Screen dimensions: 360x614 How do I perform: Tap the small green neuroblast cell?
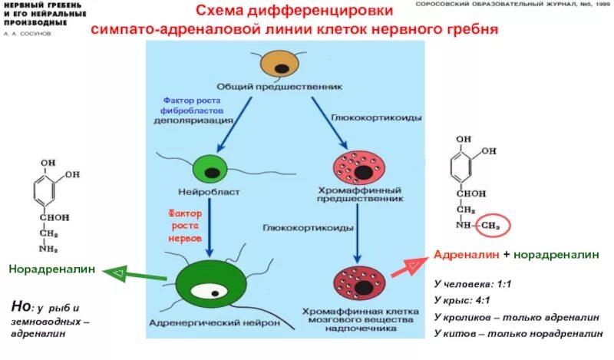pos(206,167)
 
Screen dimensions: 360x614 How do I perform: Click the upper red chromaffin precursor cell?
pos(355,167)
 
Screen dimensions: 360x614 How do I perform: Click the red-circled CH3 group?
pos(495,224)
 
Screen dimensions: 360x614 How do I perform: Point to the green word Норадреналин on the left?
pos(52,269)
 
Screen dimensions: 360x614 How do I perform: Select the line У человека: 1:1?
pos(472,283)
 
